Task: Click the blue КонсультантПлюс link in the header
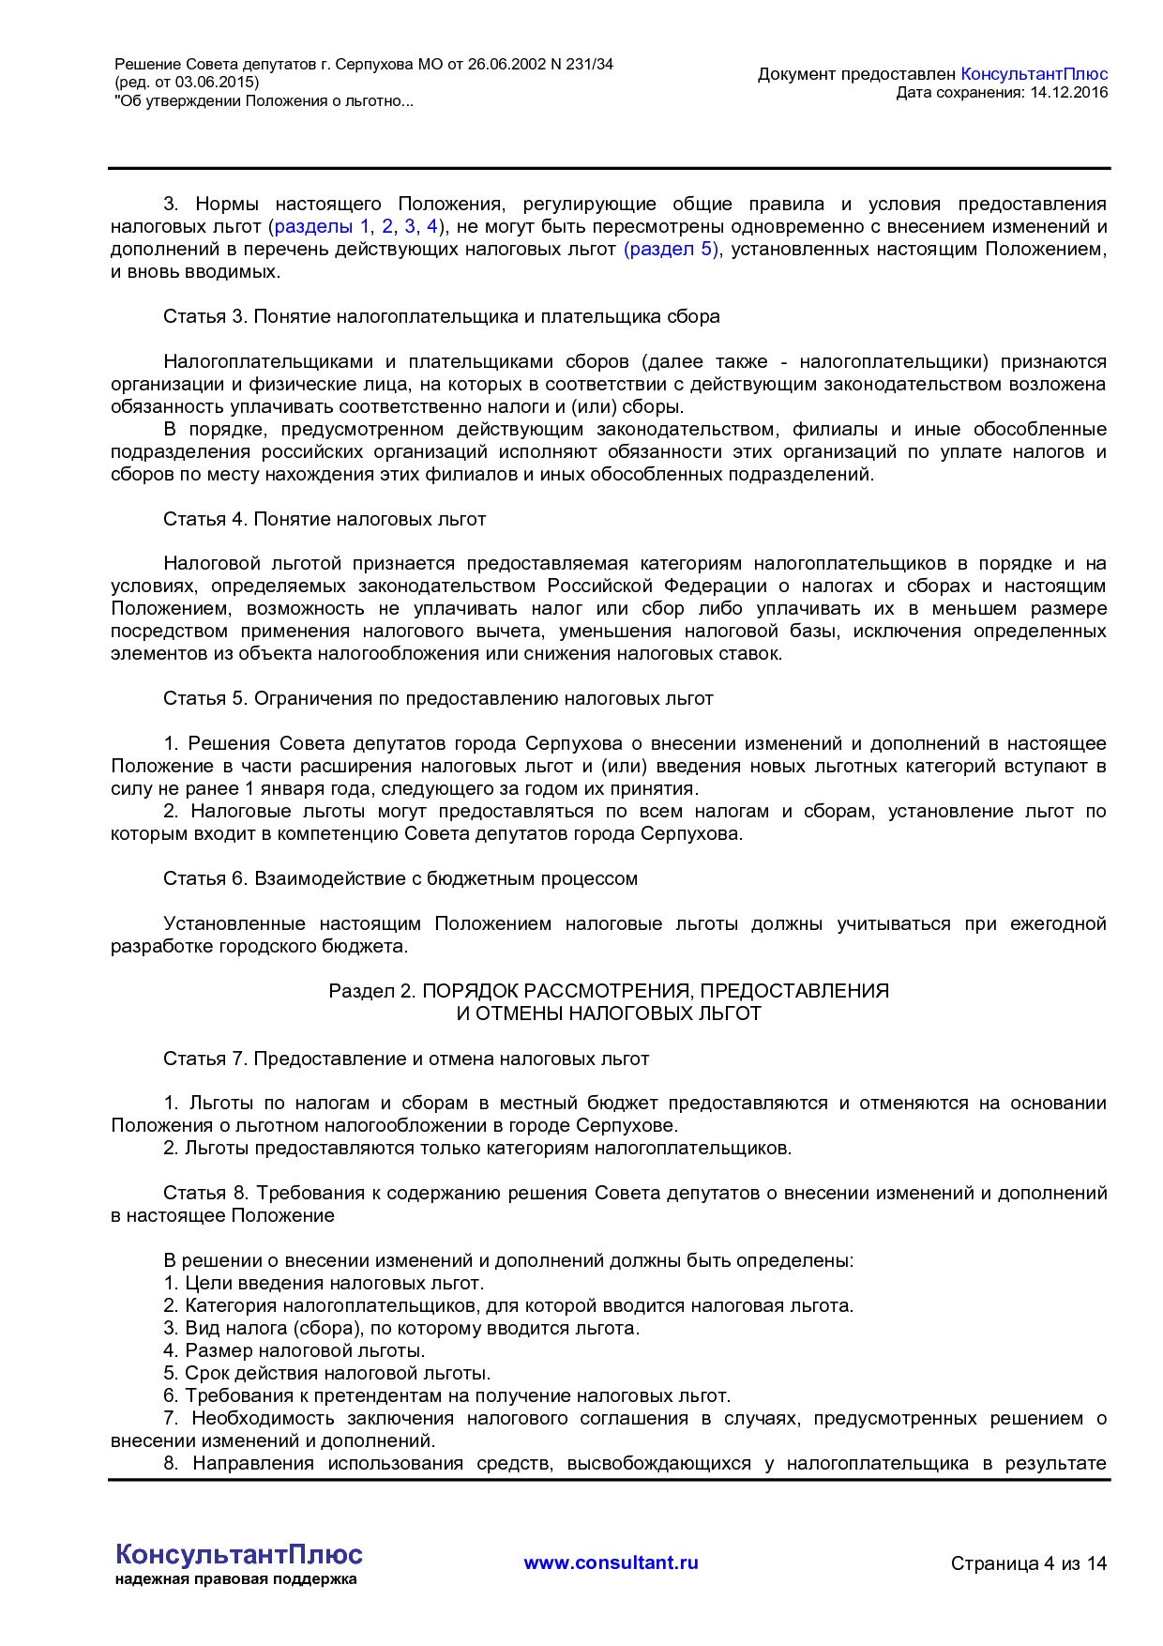click(1034, 74)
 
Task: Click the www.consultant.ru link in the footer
click(611, 1562)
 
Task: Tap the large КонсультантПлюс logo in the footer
click(239, 1554)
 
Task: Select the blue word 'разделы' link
click(313, 226)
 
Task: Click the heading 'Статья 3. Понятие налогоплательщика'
click(441, 316)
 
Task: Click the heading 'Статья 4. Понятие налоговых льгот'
click(325, 519)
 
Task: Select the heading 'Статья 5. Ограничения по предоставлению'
click(438, 698)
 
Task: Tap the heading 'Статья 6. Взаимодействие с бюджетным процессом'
click(400, 878)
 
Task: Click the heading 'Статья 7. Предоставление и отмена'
click(406, 1059)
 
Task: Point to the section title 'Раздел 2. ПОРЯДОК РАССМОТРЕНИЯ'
click(609, 991)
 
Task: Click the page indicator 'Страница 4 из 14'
click(1028, 1563)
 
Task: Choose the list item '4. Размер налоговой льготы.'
click(295, 1350)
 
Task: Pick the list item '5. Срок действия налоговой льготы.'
click(327, 1373)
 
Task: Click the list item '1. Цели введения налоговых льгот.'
click(324, 1283)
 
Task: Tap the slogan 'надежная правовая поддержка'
click(235, 1579)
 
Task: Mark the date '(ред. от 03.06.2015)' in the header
click(187, 83)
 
